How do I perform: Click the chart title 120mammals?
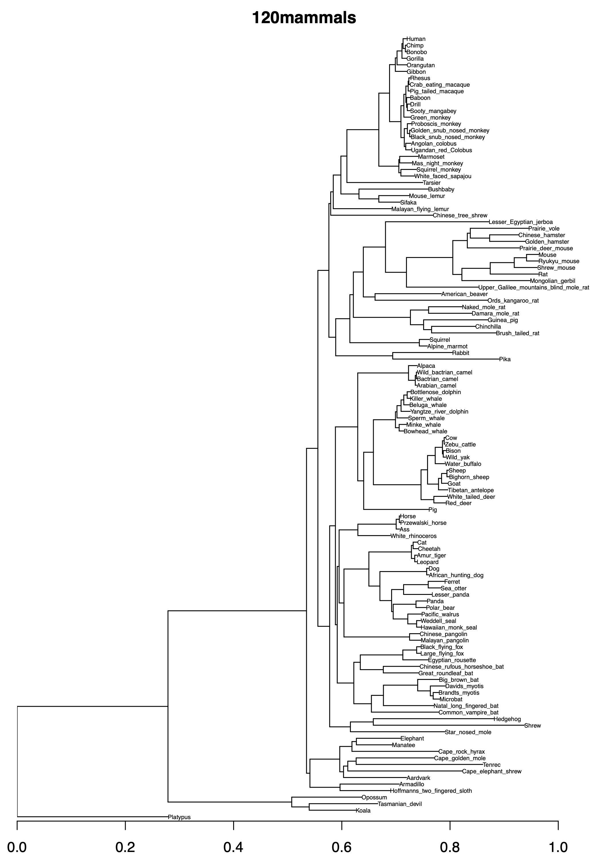click(x=304, y=17)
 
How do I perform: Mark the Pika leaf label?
click(x=505, y=359)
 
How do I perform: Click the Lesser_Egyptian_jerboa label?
click(x=521, y=222)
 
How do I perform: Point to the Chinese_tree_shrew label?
click(x=460, y=215)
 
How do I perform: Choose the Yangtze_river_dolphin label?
click(x=439, y=412)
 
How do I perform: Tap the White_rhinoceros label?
click(x=413, y=536)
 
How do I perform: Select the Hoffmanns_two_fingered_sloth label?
click(x=431, y=791)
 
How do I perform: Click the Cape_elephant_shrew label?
click(x=491, y=771)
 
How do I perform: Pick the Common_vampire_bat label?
click(x=468, y=712)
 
